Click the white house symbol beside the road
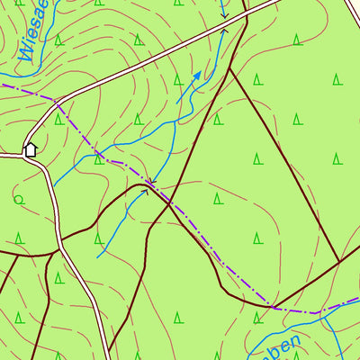(x=30, y=148)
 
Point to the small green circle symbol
(x=18, y=199)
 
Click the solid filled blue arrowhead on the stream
(x=197, y=75)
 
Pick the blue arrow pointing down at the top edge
(x=225, y=16)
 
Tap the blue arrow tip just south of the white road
(x=223, y=31)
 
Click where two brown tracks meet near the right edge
(x=339, y=263)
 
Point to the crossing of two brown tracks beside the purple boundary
(x=169, y=202)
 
